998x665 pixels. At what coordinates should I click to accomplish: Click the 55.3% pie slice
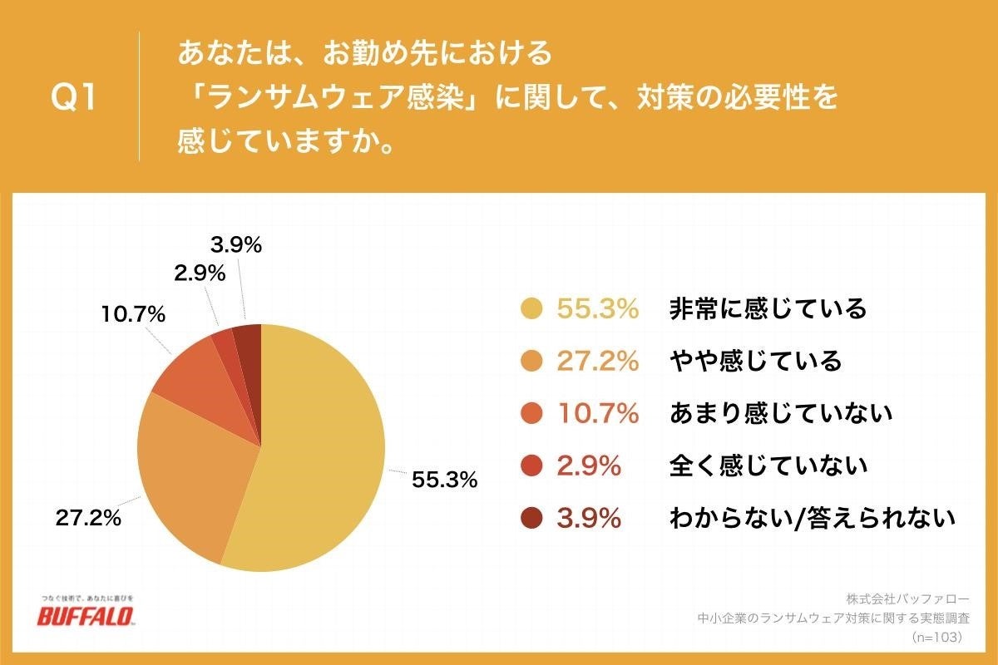pos(324,449)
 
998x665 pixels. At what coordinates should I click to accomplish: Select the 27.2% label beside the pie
pos(88,518)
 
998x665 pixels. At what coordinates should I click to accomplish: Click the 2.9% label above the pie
pos(200,273)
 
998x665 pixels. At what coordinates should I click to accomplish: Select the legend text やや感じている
pos(755,362)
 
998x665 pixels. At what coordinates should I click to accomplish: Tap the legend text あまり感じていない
pos(780,414)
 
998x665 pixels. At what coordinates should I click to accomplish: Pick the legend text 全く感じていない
pos(768,466)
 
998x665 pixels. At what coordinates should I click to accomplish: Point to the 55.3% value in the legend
pos(597,309)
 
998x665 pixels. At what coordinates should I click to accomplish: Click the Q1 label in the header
pos(74,99)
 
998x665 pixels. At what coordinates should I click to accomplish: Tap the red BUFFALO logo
pos(86,616)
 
